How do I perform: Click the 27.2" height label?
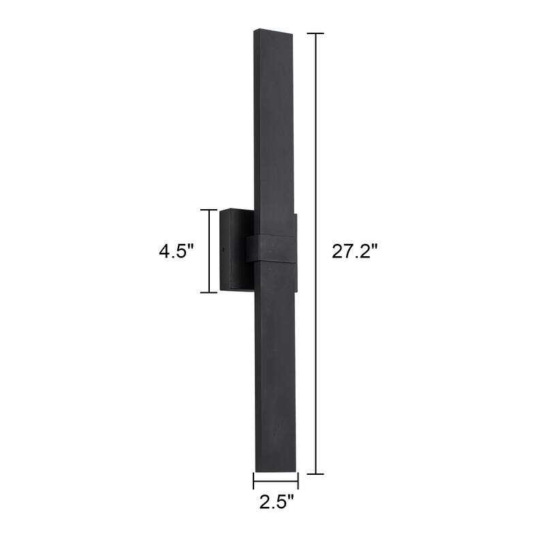click(x=355, y=251)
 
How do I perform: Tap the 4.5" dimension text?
click(x=177, y=251)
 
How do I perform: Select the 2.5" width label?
click(x=277, y=503)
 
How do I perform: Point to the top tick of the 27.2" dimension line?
click(x=315, y=33)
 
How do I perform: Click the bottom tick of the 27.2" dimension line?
click(x=315, y=473)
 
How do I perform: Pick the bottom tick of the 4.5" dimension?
click(x=208, y=292)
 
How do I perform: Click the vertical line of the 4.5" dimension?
click(x=208, y=251)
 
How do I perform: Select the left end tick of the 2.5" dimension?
click(x=254, y=481)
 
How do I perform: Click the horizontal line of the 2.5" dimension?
click(x=276, y=481)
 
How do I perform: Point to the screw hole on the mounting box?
click(x=224, y=248)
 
